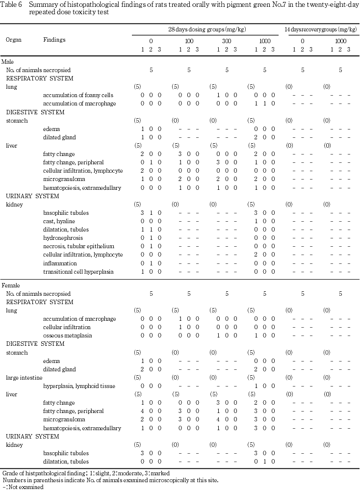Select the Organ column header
[13, 39]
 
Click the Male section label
[7, 62]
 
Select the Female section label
[10, 285]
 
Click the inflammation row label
[60, 263]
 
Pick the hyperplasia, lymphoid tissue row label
[79, 386]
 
